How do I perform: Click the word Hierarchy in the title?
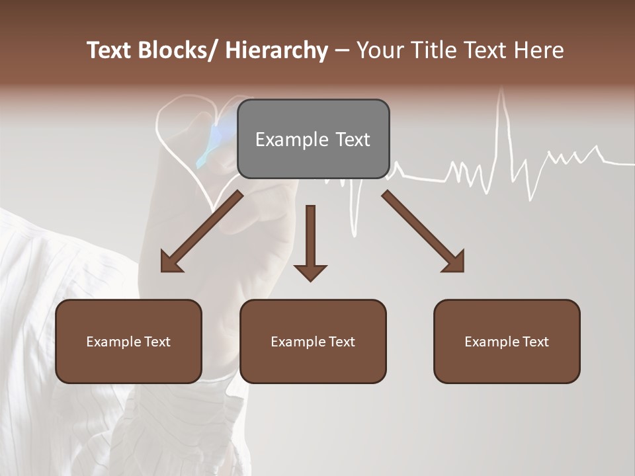click(x=276, y=50)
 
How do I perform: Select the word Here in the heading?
click(x=538, y=50)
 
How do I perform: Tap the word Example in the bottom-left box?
click(x=112, y=342)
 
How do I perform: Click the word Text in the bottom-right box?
click(x=534, y=342)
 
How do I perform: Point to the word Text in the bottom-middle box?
click(x=340, y=342)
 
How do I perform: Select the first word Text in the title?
click(x=110, y=50)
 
